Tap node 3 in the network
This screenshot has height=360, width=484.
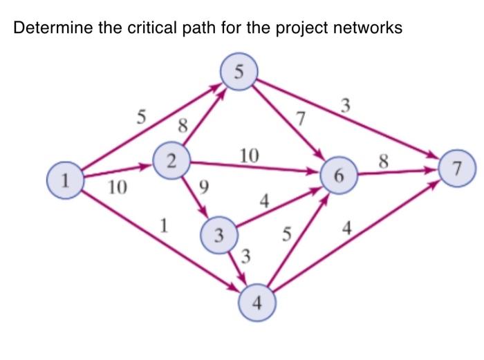pos(218,236)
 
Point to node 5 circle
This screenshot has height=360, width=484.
pos(238,72)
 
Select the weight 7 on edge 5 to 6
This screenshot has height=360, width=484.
pos(299,118)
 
